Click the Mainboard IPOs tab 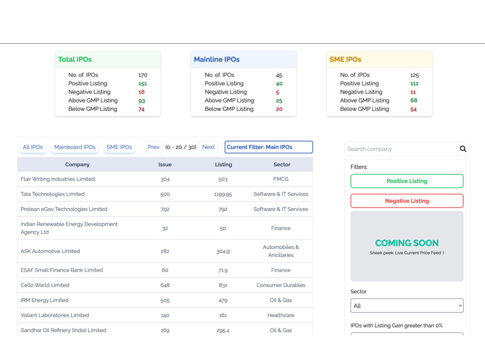pos(75,147)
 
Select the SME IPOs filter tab pos(119,147)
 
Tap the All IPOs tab pos(33,147)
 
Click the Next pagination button pos(208,147)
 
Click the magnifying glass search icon pos(463,149)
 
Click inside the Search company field pos(401,149)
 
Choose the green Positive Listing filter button pos(407,181)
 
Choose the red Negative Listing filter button pos(407,201)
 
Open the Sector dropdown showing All pos(407,305)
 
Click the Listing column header pos(223,165)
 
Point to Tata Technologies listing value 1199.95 pos(223,195)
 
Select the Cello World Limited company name pos(45,285)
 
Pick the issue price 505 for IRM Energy pos(165,300)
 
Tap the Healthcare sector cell pos(280,315)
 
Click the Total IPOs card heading pos(75,59)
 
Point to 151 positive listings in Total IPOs pos(143,83)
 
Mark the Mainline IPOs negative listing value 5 pos(277,92)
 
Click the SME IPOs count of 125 pos(415,75)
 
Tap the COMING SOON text pos(407,243)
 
